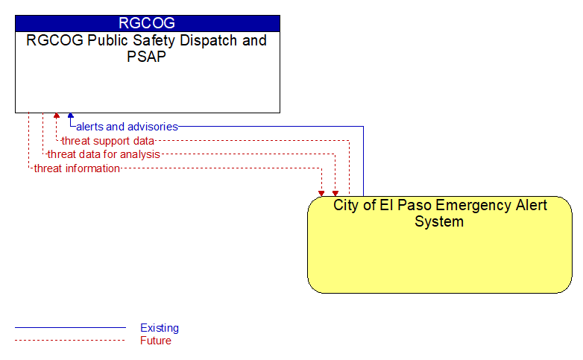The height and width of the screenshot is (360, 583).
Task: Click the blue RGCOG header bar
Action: click(148, 23)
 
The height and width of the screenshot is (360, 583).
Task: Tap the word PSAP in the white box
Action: click(146, 57)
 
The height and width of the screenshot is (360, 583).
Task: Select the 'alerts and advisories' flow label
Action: click(127, 127)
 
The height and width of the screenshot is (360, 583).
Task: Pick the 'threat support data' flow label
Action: click(108, 141)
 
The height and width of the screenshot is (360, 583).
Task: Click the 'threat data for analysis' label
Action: click(104, 154)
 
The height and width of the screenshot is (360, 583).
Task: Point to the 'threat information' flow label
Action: click(77, 168)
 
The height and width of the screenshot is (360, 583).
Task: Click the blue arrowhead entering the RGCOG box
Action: click(71, 116)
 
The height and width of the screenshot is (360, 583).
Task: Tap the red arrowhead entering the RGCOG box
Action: click(57, 116)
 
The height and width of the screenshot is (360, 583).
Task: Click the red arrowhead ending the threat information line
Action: click(321, 193)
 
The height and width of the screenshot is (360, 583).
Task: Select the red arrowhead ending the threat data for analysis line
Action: click(335, 193)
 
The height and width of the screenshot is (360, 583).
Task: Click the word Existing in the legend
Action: click(160, 328)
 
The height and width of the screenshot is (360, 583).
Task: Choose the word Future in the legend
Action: click(156, 341)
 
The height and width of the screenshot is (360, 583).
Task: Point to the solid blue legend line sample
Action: click(70, 328)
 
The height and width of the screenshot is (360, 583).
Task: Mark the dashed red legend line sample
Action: click(70, 341)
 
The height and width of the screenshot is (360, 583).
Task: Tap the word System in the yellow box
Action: click(439, 221)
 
